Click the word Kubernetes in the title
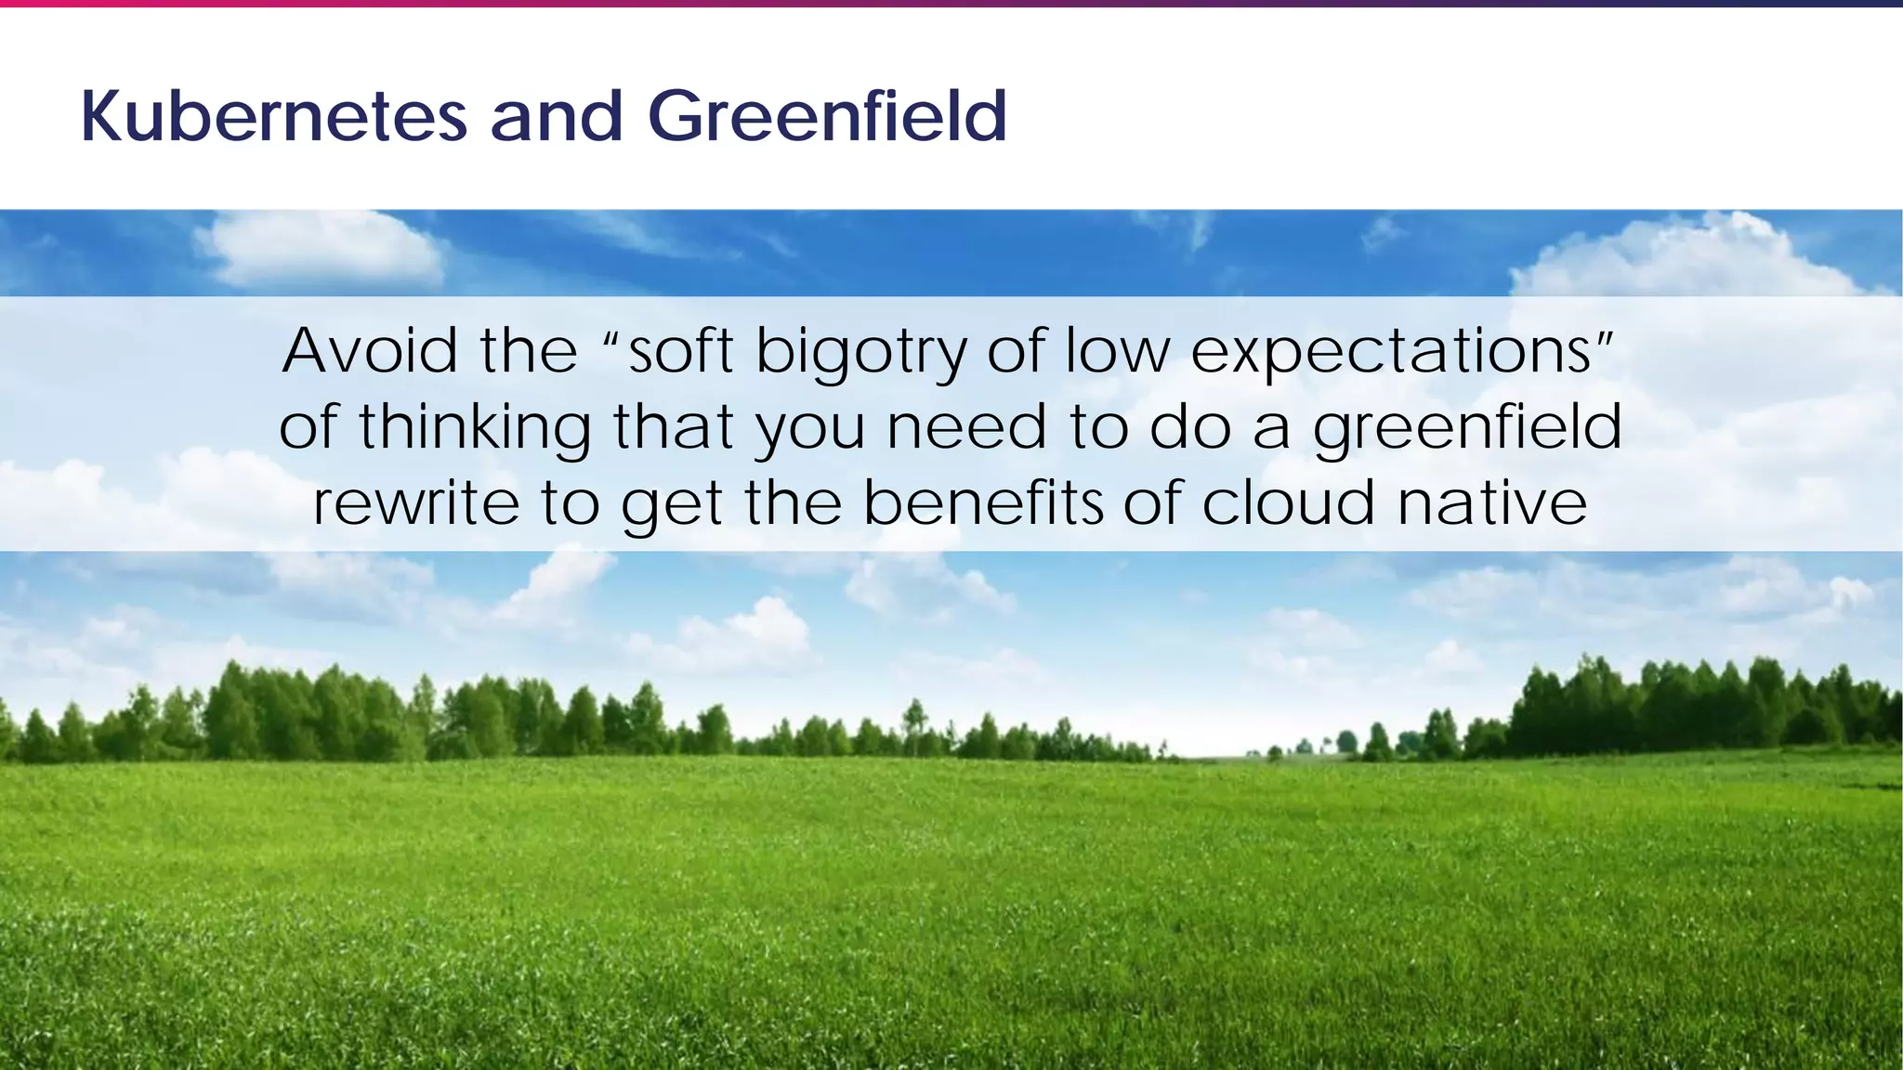point(274,117)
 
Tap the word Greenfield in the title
point(827,117)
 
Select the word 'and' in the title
point(557,117)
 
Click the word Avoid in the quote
point(370,351)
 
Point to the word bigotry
point(860,353)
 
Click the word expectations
point(1392,353)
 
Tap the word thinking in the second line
point(475,428)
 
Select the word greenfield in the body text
point(1467,428)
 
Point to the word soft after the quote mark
point(681,351)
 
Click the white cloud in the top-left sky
point(321,249)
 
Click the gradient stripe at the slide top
point(951,3)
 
